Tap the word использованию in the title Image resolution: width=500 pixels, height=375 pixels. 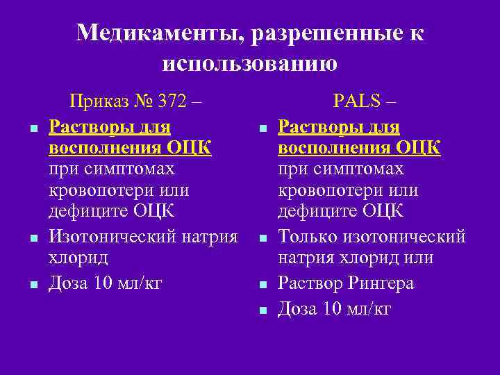pos(250,63)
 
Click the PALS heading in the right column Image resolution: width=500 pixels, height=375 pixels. pos(357,101)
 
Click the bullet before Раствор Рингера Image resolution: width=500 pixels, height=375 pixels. pos(262,285)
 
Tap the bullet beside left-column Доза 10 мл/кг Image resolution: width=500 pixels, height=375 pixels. pos(33,285)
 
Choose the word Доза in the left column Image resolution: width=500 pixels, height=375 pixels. pos(67,283)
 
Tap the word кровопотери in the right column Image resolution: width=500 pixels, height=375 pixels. pos(325,190)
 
